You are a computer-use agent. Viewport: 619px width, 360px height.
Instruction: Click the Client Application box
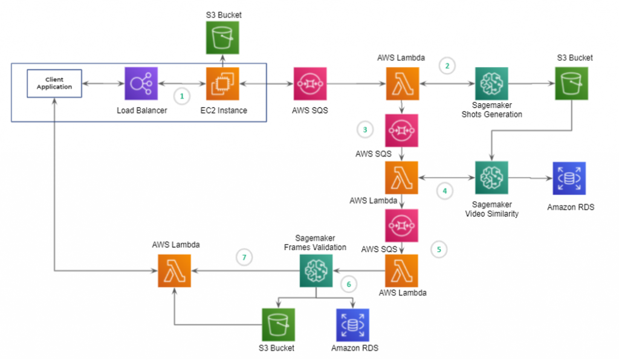point(54,83)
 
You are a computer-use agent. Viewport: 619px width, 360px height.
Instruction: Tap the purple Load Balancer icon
point(141,83)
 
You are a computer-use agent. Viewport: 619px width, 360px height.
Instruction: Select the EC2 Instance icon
point(222,83)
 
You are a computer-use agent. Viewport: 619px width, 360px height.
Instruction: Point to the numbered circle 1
point(181,95)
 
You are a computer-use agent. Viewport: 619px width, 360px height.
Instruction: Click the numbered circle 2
point(447,66)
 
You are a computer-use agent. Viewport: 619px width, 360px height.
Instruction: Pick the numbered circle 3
point(365,130)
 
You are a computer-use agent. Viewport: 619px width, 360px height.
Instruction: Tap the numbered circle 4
point(445,191)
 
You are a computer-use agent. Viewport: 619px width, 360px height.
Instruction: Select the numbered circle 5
point(439,248)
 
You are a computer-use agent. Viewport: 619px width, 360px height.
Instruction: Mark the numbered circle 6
point(348,283)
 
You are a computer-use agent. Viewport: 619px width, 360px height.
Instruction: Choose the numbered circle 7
point(244,258)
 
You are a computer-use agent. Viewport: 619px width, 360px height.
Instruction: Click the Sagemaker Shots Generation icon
point(491,83)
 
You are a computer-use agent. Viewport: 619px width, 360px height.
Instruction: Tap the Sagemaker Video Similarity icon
point(491,178)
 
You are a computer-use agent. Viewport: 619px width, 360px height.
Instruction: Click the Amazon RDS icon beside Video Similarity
point(569,178)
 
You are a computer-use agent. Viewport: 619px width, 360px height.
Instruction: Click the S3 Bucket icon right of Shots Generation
point(571,83)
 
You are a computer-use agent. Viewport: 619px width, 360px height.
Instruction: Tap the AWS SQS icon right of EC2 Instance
point(310,83)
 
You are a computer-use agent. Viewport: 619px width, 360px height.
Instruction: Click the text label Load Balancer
point(141,111)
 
